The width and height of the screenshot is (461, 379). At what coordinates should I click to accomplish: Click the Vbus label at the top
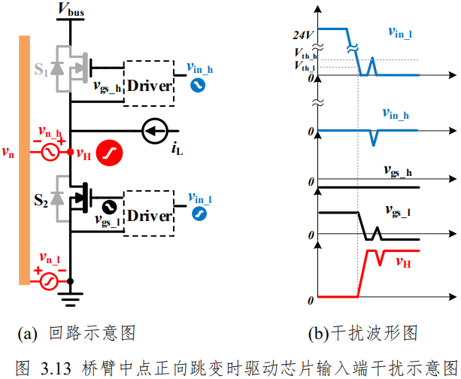[x=71, y=9]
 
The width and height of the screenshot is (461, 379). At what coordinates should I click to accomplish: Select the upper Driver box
[x=149, y=83]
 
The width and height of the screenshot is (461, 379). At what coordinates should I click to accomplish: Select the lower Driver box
[x=149, y=213]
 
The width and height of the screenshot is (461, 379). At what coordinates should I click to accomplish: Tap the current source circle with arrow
[x=155, y=131]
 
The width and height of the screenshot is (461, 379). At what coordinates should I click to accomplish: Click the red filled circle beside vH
[x=109, y=153]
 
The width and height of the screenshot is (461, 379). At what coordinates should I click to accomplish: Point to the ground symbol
[x=70, y=299]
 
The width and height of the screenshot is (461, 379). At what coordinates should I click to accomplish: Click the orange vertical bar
[x=24, y=160]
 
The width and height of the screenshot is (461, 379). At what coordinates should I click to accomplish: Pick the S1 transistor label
[x=41, y=70]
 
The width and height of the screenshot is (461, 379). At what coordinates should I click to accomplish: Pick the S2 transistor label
[x=41, y=201]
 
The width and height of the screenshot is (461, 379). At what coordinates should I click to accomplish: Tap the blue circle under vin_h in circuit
[x=198, y=86]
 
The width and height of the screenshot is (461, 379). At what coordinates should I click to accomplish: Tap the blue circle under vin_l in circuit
[x=199, y=214]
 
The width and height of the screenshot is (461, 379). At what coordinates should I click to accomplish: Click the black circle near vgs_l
[x=109, y=207]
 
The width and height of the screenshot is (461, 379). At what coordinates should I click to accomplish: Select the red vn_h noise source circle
[x=50, y=152]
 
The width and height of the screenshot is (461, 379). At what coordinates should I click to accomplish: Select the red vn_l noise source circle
[x=49, y=281]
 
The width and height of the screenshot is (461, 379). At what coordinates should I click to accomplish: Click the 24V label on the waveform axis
[x=303, y=35]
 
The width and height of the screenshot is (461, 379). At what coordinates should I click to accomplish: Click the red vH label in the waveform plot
[x=403, y=262]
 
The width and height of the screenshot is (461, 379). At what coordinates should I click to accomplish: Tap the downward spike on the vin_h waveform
[x=373, y=138]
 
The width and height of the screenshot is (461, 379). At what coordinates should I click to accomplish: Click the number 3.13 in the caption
[x=56, y=368]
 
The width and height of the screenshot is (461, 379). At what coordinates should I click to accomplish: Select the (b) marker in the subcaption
[x=318, y=333]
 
